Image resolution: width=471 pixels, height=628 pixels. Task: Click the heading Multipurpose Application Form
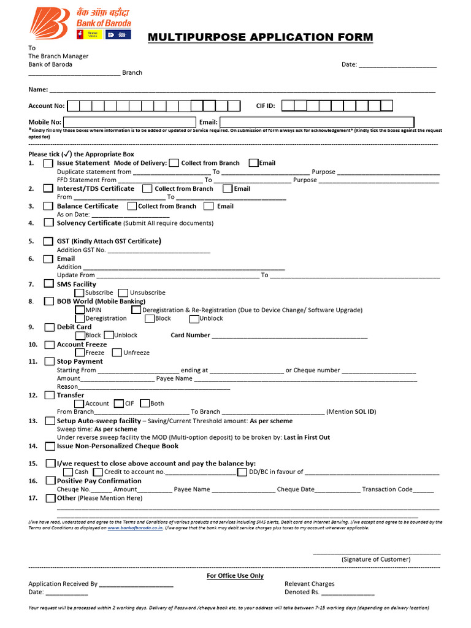pos(260,37)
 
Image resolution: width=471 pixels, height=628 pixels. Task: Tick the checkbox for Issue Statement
pos(48,163)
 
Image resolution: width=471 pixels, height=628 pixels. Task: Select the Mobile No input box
pos(130,122)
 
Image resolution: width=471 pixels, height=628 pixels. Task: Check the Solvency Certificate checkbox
pos(48,223)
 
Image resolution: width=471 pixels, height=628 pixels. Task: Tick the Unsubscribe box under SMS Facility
pos(123,293)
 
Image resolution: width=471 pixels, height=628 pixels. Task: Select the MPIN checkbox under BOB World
pos(80,310)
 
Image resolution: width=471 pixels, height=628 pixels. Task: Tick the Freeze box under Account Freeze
pos(80,353)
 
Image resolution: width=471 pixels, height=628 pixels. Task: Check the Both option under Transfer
pos(145,404)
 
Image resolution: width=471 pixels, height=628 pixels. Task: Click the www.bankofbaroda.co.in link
pos(135,527)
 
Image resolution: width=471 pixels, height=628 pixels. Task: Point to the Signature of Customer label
pos(376,559)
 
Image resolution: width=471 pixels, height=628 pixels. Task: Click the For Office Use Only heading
pos(235,576)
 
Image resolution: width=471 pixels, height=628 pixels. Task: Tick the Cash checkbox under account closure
pos(68,472)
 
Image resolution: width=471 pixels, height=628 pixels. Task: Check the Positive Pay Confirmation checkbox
pos(50,481)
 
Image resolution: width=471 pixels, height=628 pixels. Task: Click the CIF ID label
pos(265,106)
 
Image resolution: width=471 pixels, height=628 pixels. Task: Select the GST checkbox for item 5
pos(48,242)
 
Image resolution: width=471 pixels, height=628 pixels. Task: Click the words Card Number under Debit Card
pos(190,335)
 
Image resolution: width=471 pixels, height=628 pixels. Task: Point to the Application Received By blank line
pos(136,585)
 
